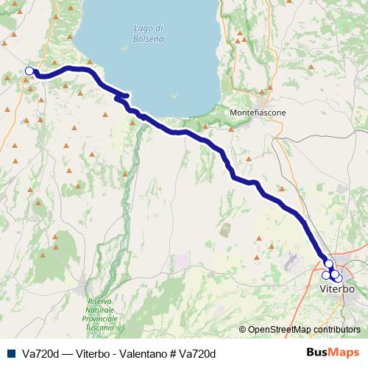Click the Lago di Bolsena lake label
point(149,33)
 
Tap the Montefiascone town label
point(258,112)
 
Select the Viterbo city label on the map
point(338,289)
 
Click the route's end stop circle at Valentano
point(29,71)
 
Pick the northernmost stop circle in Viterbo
point(329,263)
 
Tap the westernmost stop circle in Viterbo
point(326,275)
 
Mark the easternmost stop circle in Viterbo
point(338,277)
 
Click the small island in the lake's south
point(174,94)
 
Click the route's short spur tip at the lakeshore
point(128,95)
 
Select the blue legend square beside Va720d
point(11,353)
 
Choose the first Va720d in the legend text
point(42,353)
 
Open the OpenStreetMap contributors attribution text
point(304,329)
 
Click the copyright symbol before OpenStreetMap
point(243,329)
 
